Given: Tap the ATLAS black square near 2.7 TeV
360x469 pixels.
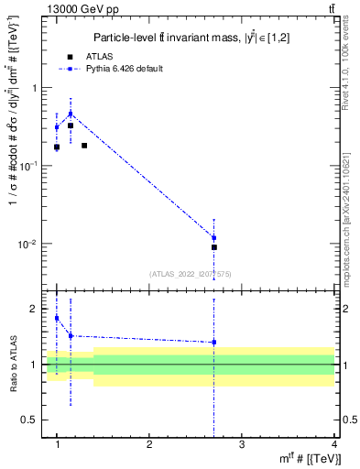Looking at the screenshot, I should click(214, 247).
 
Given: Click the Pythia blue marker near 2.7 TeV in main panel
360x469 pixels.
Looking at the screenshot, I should click(214, 238).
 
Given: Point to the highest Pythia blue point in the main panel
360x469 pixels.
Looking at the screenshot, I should click(71, 115).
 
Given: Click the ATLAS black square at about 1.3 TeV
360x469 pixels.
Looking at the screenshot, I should click(84, 146).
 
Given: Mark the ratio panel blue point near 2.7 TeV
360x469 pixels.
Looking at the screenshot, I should click(214, 343).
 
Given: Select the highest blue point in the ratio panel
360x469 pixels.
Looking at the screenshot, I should click(57, 318).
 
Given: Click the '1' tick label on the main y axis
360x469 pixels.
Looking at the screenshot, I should click(36, 88).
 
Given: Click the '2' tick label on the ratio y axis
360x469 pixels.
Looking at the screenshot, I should click(36, 310).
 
